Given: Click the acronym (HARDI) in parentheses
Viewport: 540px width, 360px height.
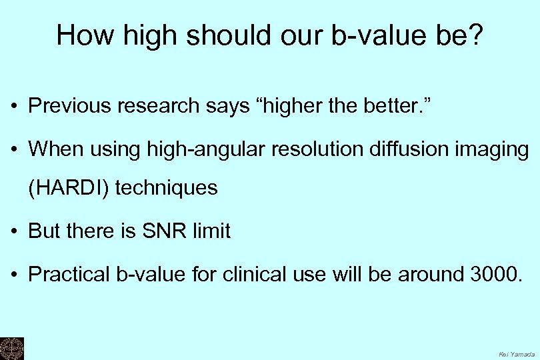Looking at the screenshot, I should [69, 189].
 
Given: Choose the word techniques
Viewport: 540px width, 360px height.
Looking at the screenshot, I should [167, 189].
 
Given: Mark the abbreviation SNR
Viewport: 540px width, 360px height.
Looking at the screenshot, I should [158, 231].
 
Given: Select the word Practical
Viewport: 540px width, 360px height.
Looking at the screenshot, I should [70, 274].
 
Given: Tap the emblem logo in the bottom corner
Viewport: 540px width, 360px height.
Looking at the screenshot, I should [11, 348].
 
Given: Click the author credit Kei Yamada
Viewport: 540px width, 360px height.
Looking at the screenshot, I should [517, 353].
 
